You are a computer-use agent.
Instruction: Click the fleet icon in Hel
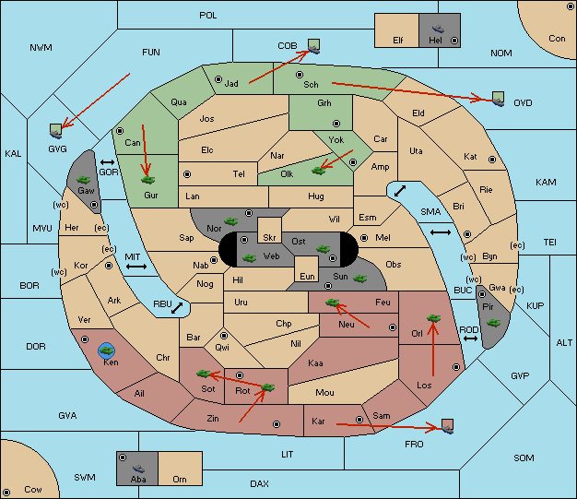tap(438, 29)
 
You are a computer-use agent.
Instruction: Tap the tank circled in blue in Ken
tap(107, 350)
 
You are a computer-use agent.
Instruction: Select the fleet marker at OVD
tap(499, 99)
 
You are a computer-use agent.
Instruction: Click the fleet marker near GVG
tap(56, 131)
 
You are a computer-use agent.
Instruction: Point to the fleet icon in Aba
tap(138, 469)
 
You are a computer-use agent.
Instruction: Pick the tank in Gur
tap(147, 180)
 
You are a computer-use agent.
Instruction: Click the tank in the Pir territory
tap(493, 323)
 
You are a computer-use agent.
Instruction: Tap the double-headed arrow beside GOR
tap(108, 162)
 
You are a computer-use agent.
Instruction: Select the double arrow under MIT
tap(136, 267)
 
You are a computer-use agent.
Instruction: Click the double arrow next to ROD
tap(470, 339)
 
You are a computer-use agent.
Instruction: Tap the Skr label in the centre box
tap(269, 238)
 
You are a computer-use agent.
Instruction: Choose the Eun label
tap(307, 276)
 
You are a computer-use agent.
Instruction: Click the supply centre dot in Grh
tap(336, 124)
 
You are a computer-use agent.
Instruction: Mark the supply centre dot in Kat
tap(492, 160)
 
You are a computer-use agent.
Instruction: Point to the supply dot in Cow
tap(6, 493)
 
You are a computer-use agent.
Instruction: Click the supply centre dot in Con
tap(571, 6)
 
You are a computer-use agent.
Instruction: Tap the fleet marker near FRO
tap(447, 426)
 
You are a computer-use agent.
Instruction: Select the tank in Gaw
tap(84, 180)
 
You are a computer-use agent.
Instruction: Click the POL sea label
tap(208, 16)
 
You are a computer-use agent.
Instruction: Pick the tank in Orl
tap(433, 318)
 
